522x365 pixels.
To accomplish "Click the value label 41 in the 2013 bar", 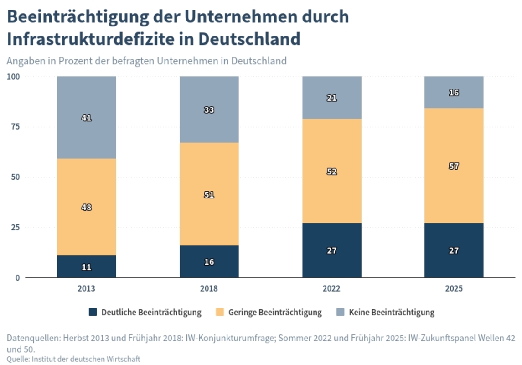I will coord(86,118).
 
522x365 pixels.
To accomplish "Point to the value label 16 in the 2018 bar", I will coord(209,262).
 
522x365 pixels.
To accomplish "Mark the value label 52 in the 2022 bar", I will coord(332,172).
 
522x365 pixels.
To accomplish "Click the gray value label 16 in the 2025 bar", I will coord(454,93).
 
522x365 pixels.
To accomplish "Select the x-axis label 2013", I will coord(86,289).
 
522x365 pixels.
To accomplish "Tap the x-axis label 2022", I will coord(332,289).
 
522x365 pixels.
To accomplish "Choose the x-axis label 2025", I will coord(454,289).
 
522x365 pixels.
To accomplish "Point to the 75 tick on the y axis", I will coord(15,127).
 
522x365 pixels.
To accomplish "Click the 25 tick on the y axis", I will coord(15,227).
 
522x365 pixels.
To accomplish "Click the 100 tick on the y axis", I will coord(13,77).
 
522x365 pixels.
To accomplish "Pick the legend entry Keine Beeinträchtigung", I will coord(391,313).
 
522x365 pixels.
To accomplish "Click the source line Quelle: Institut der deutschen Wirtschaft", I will coord(73,359).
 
